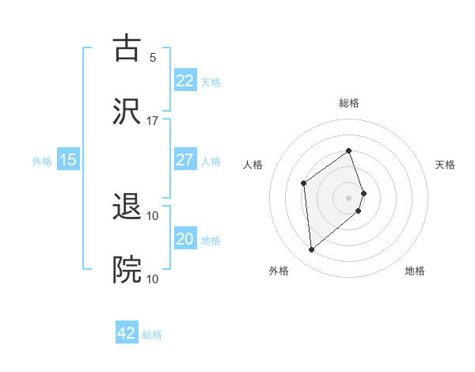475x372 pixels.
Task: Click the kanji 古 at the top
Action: pos(127,47)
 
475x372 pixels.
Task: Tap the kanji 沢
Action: pos(127,111)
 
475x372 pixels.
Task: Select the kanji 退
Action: pos(127,207)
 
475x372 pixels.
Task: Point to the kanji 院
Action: pos(127,270)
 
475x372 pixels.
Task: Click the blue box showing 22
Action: pos(184,81)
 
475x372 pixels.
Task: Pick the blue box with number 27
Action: pos(184,160)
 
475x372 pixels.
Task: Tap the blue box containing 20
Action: pos(184,239)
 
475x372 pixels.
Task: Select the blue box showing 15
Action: pos(68,160)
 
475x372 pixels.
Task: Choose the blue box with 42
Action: pos(127,333)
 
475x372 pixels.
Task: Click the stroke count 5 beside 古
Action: pos(153,57)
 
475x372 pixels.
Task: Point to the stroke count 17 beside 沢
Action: pos(153,120)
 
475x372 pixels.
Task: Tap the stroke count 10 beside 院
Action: pos(153,279)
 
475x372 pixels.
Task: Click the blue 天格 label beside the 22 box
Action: pos(211,82)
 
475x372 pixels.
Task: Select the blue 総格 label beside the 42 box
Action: pos(152,335)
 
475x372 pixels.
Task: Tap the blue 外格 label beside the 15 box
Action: pos(42,161)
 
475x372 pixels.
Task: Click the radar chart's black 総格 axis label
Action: pos(349,103)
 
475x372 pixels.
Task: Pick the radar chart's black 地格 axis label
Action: pos(415,271)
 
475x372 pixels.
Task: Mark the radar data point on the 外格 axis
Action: pos(312,250)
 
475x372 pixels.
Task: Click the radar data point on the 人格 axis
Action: pos(303,184)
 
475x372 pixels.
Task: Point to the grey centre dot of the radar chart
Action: pos(349,197)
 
